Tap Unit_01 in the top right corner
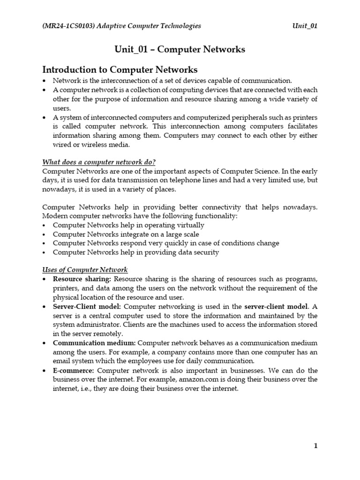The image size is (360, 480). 305,26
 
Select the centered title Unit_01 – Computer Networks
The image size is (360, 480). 180,50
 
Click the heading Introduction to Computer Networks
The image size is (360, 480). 120,70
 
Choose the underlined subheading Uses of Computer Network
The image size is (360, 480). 85,270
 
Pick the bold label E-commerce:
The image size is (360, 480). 74,370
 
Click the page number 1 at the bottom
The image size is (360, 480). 315,446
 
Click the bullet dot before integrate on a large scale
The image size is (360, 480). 45,234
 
